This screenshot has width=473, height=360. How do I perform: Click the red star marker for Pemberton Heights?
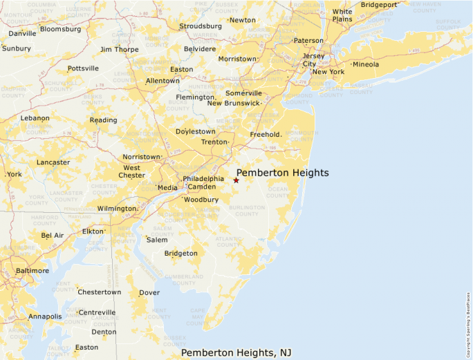point(236,180)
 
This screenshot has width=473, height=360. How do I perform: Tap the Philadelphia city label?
point(203,179)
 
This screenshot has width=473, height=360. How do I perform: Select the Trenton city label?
point(214,142)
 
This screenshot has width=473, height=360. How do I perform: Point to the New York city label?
point(328,72)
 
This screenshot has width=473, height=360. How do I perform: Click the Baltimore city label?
point(33,271)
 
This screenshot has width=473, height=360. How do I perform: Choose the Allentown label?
point(163,81)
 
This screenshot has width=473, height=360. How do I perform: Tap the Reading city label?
point(103,120)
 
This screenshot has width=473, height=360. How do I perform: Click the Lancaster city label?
point(53,162)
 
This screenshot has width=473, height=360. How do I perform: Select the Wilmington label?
point(116,209)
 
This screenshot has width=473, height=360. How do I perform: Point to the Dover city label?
point(149,292)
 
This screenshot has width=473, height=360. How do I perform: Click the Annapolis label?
point(45,316)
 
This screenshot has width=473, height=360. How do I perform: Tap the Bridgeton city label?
point(180,254)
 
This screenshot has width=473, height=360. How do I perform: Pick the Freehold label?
point(265,134)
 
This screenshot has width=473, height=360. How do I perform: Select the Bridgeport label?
point(379,4)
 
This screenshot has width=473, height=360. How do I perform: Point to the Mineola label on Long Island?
point(366,64)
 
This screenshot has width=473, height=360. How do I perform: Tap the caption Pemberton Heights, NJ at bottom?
point(236,352)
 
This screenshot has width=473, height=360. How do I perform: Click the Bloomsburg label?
point(61,29)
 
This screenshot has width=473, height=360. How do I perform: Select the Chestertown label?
point(100,292)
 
